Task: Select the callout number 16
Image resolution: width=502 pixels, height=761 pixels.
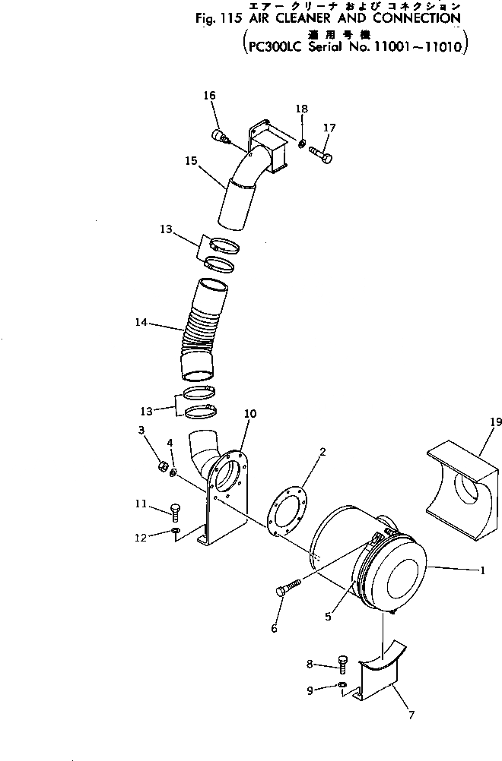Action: [209, 95]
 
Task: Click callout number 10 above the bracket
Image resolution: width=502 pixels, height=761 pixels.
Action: [250, 414]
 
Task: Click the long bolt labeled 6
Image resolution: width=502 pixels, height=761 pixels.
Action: [288, 589]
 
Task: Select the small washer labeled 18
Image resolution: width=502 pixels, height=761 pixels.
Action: [302, 144]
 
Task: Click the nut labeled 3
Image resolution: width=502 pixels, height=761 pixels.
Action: [162, 466]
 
